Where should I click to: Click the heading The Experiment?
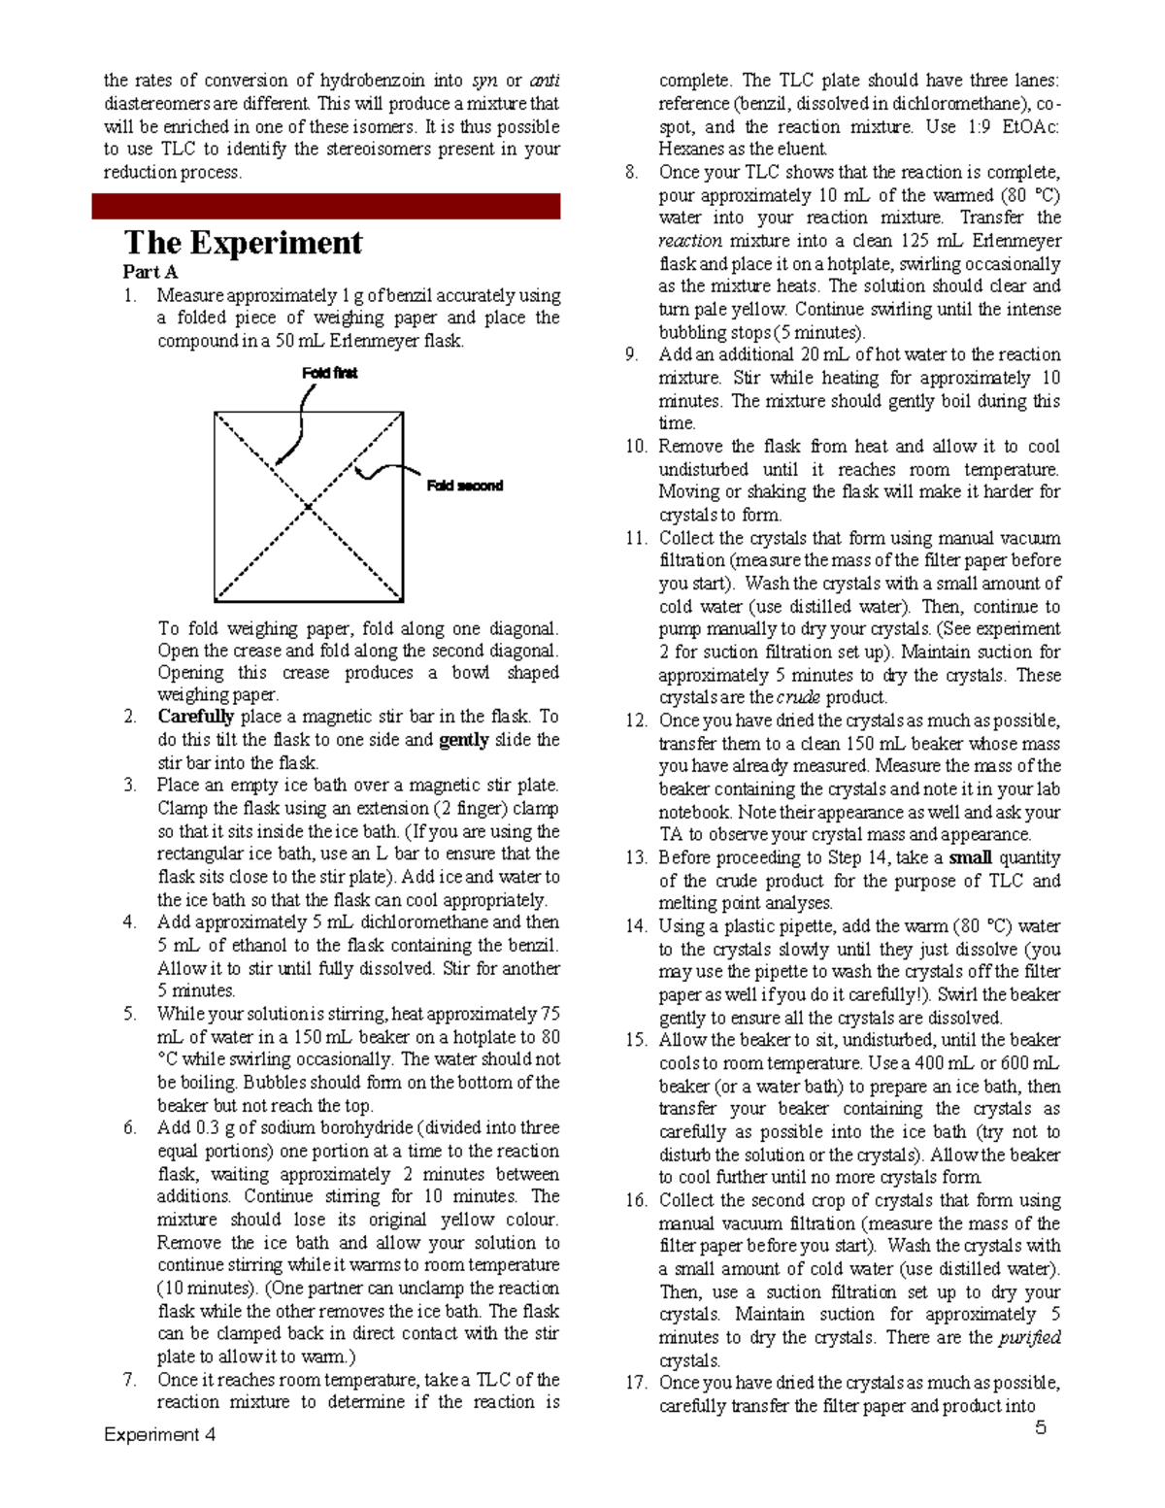click(x=243, y=242)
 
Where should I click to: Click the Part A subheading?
click(x=150, y=272)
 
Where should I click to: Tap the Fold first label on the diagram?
click(x=329, y=373)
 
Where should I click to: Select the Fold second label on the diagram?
click(x=465, y=486)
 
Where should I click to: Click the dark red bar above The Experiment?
click(x=326, y=206)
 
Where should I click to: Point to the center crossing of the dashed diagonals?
click(x=309, y=507)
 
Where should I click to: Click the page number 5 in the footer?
click(x=1041, y=1427)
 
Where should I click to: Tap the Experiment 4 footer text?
click(x=160, y=1434)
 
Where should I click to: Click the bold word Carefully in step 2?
click(x=195, y=717)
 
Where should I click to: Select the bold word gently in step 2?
click(x=464, y=740)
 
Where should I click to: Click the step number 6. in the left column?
click(x=130, y=1128)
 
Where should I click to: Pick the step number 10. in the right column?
click(x=636, y=447)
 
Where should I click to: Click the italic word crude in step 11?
click(x=799, y=697)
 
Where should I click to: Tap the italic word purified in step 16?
click(x=1028, y=1337)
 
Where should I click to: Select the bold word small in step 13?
click(x=970, y=857)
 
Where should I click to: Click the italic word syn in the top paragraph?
click(x=484, y=81)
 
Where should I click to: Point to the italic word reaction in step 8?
click(x=689, y=241)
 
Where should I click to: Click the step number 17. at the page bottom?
click(x=636, y=1383)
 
